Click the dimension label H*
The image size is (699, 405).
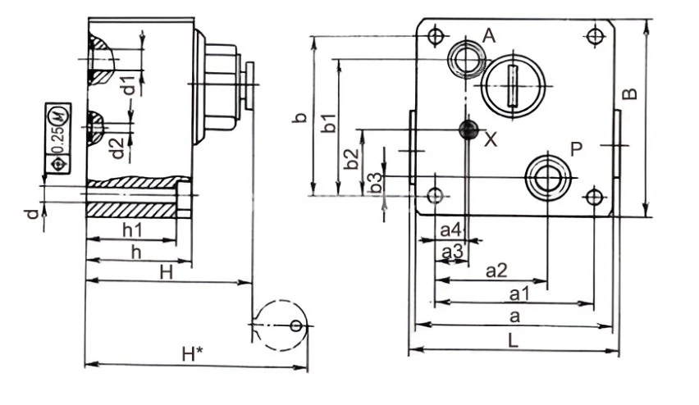tap(192, 354)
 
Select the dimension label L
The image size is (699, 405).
tap(512, 342)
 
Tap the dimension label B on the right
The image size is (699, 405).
tap(629, 93)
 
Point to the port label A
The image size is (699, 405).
tap(490, 35)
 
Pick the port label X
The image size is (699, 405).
tap(491, 139)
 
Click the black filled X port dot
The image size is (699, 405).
tap(468, 130)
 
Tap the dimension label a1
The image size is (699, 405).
tap(519, 293)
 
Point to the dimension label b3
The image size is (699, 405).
tap(375, 184)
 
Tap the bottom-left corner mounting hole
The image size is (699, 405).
tap(435, 195)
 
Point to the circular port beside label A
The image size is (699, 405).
tap(465, 59)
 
